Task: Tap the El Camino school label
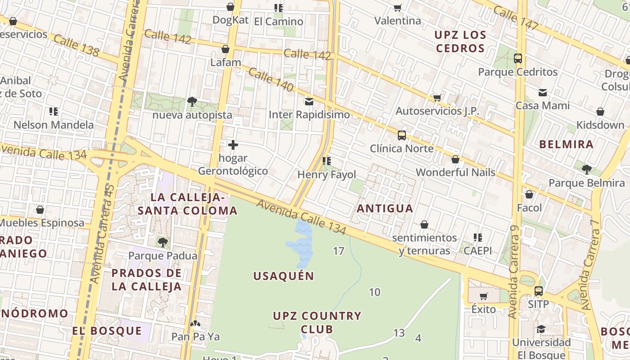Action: (x=279, y=21)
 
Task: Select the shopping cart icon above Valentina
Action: (x=397, y=8)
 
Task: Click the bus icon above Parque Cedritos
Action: (x=517, y=58)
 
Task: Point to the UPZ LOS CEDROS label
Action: (x=460, y=41)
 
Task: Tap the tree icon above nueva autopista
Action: (x=192, y=101)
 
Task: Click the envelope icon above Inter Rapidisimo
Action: (x=309, y=101)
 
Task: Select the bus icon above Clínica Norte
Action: (x=401, y=135)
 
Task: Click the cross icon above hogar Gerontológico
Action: (x=233, y=145)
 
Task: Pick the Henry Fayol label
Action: (x=327, y=175)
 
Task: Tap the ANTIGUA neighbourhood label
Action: (x=385, y=208)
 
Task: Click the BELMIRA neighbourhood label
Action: (x=566, y=144)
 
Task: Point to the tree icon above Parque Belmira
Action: (x=586, y=170)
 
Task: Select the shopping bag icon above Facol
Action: (x=529, y=194)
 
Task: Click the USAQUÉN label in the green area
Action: (x=283, y=276)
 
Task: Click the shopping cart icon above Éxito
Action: (x=483, y=296)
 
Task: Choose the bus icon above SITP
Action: (x=538, y=291)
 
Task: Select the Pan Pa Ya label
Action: (x=195, y=337)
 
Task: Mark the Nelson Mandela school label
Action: (x=54, y=125)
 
